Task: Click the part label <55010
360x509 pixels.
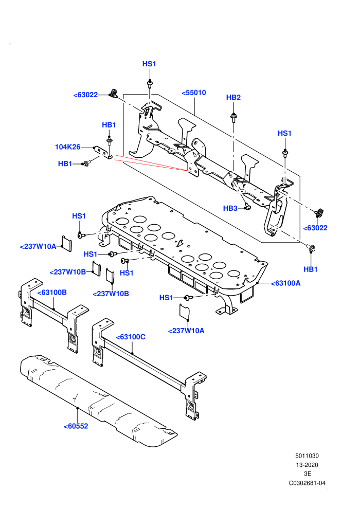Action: pos(194,93)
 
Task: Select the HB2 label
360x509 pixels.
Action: pos(233,97)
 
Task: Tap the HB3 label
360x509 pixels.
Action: pos(230,208)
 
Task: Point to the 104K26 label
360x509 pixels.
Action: pos(67,147)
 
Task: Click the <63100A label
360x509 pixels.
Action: pos(285,283)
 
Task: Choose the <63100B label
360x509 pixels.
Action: pos(52,293)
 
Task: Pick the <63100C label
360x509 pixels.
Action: pos(131,337)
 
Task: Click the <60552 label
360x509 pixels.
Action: pos(76,426)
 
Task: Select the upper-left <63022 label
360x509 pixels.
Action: pos(85,95)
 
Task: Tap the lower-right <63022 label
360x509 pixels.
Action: pos(315,228)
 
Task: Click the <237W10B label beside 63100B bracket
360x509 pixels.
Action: pos(67,272)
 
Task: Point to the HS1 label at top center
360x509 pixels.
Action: pos(149,64)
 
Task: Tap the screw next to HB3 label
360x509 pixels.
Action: pos(247,206)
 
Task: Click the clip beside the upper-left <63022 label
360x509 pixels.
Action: pos(114,93)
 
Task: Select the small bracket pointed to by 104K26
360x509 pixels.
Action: pos(103,153)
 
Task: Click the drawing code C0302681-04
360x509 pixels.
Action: pos(307,483)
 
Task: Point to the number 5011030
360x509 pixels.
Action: pos(307,456)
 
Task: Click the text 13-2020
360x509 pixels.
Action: pos(307,465)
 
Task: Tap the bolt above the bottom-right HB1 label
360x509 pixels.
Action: pos(311,249)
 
